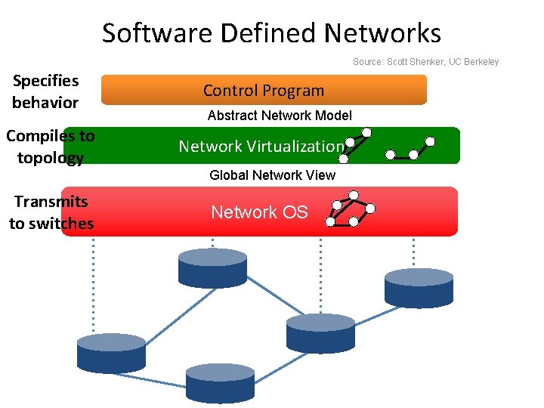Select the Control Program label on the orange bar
[x=263, y=91]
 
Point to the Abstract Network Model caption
[x=280, y=116]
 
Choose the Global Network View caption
[x=272, y=175]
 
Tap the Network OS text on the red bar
[x=259, y=212]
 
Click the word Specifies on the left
[x=45, y=80]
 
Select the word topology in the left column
[x=50, y=158]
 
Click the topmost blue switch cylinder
[x=212, y=268]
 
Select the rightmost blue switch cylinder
[x=419, y=288]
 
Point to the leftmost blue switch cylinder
[x=111, y=353]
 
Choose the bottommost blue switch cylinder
[x=220, y=382]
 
